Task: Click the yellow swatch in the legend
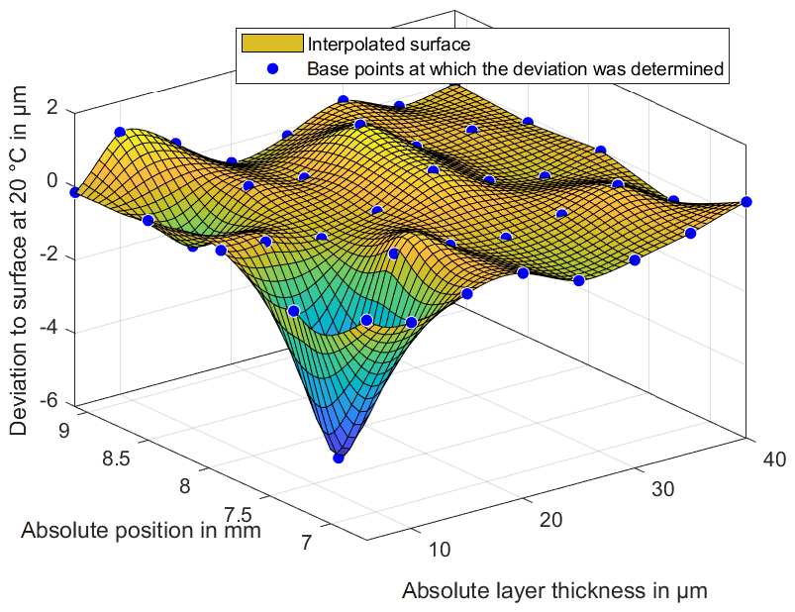tap(270, 44)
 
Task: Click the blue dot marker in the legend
tap(270, 69)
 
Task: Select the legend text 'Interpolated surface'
tap(387, 44)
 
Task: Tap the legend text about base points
tap(517, 69)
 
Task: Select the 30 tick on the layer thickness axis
tap(666, 490)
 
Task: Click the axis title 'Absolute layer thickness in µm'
tap(554, 591)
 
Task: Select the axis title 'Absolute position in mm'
tap(141, 531)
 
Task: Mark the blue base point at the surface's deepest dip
tap(339, 458)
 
